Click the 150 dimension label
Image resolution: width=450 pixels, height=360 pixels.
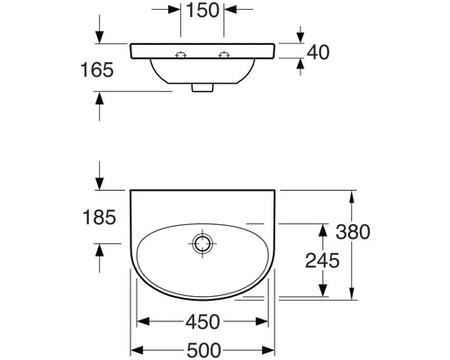[x=202, y=10]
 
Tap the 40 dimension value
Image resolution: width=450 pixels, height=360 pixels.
[x=318, y=52]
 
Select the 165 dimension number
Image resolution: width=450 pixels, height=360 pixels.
[x=97, y=70]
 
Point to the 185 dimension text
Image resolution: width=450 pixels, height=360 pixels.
[x=99, y=217]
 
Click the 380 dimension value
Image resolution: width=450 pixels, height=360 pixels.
[x=353, y=232]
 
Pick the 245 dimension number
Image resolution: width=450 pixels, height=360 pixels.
[x=322, y=260]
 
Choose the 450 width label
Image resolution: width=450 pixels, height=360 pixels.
[x=202, y=322]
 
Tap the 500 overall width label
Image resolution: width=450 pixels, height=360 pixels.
[x=204, y=350]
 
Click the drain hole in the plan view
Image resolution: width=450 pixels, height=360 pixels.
[x=202, y=243]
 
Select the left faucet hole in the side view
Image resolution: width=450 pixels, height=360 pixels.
[x=181, y=56]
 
